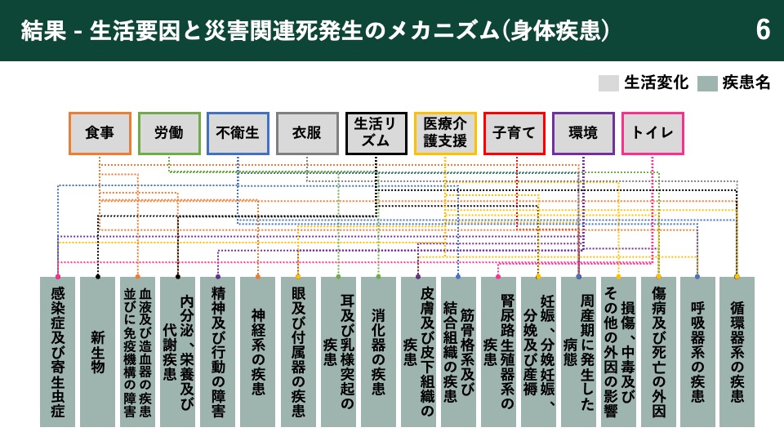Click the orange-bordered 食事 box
[x=100, y=133]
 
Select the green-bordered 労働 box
[x=169, y=133]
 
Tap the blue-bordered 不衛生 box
[x=238, y=133]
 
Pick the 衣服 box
[x=307, y=133]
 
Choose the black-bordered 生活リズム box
[x=376, y=133]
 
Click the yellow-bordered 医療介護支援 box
[x=445, y=133]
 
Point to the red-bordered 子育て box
[x=514, y=133]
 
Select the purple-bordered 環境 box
[x=583, y=133]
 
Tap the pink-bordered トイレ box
[x=653, y=133]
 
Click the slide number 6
[x=763, y=30]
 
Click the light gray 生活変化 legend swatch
[x=608, y=83]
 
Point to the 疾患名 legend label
[x=746, y=82]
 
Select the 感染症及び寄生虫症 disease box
[x=57, y=352]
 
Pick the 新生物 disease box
[x=97, y=352]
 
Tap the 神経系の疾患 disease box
[x=258, y=352]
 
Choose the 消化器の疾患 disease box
[x=378, y=352]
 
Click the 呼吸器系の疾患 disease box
[x=697, y=352]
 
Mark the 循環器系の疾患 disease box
[x=737, y=352]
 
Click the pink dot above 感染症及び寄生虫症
[x=58, y=277]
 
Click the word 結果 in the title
[x=43, y=30]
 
